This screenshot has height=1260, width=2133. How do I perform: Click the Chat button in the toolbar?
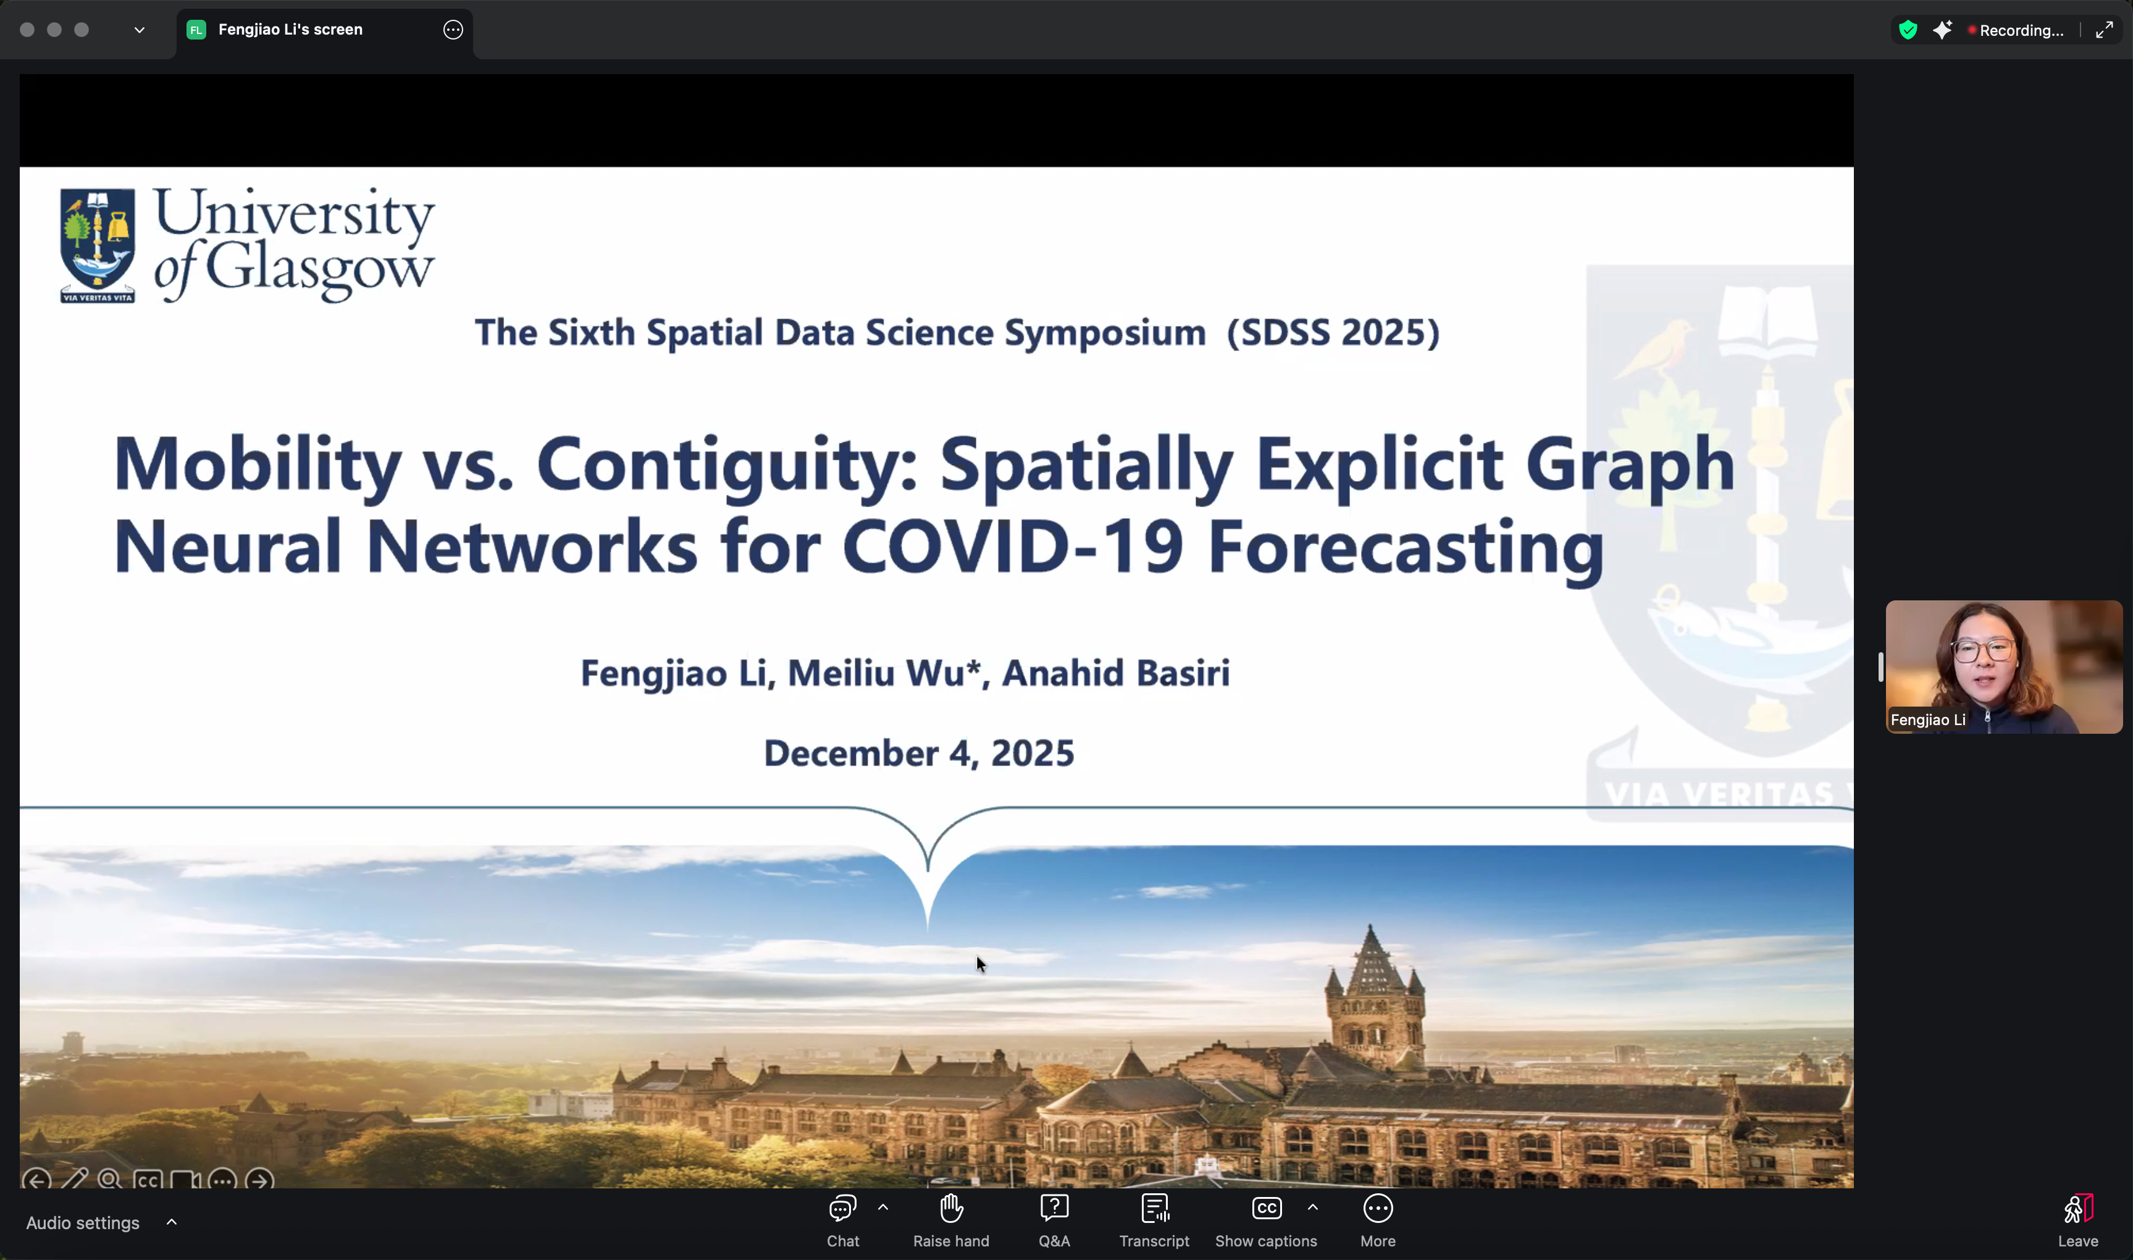[843, 1220]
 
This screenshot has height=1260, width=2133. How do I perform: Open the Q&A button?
[1054, 1220]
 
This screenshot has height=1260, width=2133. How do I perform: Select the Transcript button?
[1154, 1220]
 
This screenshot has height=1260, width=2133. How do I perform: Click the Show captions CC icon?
[1267, 1207]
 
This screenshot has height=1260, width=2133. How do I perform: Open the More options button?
[1378, 1220]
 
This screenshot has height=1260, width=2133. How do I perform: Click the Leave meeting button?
[2078, 1220]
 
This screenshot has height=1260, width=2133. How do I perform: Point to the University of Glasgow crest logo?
[98, 245]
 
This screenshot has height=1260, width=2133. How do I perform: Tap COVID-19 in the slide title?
[1013, 546]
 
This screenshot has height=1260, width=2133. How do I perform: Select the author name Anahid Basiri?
[1115, 673]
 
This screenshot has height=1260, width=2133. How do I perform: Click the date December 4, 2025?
[920, 753]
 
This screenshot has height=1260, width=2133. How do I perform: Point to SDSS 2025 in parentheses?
[1333, 332]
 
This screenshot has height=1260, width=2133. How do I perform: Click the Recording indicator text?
[2021, 30]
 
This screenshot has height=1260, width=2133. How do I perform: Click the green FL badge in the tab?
[196, 30]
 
